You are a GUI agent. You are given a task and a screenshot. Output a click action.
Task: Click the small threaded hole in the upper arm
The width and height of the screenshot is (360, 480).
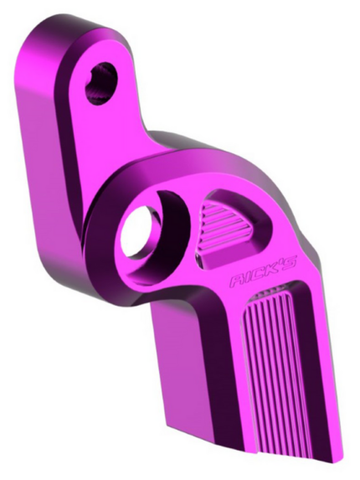[x=101, y=82]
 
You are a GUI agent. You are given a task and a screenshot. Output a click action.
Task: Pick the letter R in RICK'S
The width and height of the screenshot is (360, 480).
[x=238, y=281]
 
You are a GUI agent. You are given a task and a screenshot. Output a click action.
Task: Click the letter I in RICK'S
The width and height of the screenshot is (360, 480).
[x=249, y=279]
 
